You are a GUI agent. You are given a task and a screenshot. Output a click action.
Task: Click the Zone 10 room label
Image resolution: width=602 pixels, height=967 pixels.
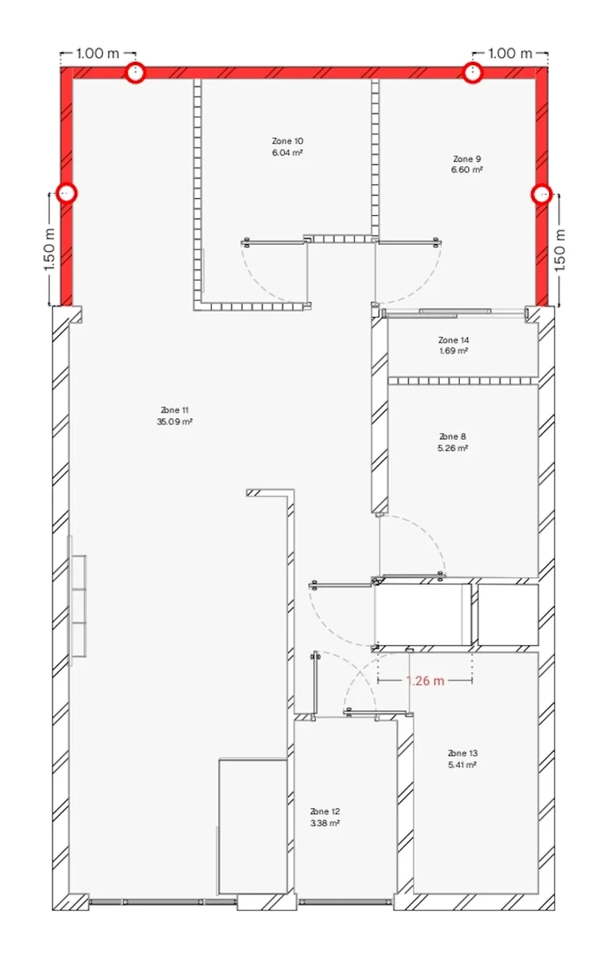coord(287,140)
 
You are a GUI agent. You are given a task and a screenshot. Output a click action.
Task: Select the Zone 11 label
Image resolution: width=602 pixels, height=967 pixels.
coord(175,410)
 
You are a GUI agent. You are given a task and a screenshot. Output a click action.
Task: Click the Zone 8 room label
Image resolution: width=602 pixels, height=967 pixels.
coord(453,437)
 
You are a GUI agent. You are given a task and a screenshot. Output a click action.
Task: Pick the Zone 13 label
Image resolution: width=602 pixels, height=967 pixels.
coord(462,754)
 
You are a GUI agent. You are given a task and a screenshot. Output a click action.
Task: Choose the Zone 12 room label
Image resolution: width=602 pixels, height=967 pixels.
coord(324,811)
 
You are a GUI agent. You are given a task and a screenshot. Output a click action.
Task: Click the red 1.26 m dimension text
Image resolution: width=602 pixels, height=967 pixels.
coord(425,681)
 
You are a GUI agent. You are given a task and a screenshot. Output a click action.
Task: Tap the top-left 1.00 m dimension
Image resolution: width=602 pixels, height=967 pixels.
coord(97,54)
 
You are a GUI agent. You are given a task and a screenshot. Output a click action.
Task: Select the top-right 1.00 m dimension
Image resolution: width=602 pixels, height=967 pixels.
coord(510,54)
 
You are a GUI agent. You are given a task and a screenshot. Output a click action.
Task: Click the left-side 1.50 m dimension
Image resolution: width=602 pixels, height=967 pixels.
coord(48,250)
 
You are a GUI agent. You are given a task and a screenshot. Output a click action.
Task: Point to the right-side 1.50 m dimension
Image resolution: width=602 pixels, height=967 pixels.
coord(561,250)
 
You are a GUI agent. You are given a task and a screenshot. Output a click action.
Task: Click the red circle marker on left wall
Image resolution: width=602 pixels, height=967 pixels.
coord(67,193)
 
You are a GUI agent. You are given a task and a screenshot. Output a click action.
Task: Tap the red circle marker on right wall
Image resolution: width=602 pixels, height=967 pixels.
coord(543,193)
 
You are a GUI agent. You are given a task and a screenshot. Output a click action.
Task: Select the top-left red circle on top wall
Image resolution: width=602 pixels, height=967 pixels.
coord(136,73)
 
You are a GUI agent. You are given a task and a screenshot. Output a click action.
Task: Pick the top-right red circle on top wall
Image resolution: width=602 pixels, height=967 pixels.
coord(474,73)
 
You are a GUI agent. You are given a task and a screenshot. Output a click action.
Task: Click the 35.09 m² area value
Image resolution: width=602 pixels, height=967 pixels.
coord(175,421)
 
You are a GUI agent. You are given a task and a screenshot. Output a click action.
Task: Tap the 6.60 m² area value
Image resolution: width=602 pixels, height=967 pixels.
coord(466,170)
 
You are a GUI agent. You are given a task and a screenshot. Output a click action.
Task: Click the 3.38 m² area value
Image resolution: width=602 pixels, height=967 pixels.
coord(324,823)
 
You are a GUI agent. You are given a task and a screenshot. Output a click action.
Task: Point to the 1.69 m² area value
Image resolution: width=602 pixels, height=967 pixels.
coord(453,351)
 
